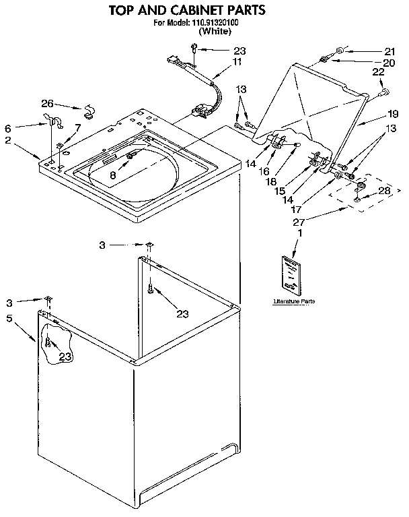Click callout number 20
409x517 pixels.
tap(389, 63)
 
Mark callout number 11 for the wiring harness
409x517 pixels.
tap(237, 61)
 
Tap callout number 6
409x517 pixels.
tap(7, 128)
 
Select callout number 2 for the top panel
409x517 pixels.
tap(7, 140)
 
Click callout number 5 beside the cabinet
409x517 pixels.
tap(9, 318)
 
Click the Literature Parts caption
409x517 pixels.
tap(294, 301)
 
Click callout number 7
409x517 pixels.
tap(78, 127)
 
